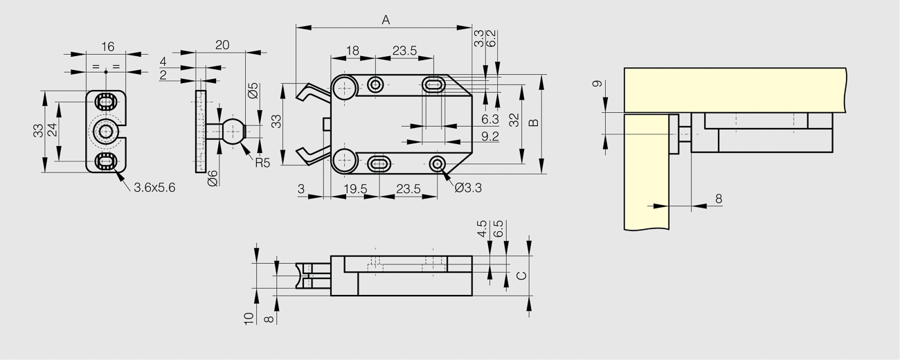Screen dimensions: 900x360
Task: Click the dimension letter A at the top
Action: (386, 19)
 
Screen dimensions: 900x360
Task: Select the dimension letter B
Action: (534, 123)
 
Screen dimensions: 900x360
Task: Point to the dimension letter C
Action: (521, 276)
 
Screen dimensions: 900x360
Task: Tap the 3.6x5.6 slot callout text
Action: (154, 188)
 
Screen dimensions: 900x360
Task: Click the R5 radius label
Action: (262, 163)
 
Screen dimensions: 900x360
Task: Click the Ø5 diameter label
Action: (253, 91)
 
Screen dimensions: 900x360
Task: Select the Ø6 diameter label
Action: (213, 179)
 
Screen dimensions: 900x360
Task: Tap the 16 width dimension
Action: (108, 46)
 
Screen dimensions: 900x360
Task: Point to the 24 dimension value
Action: (53, 129)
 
